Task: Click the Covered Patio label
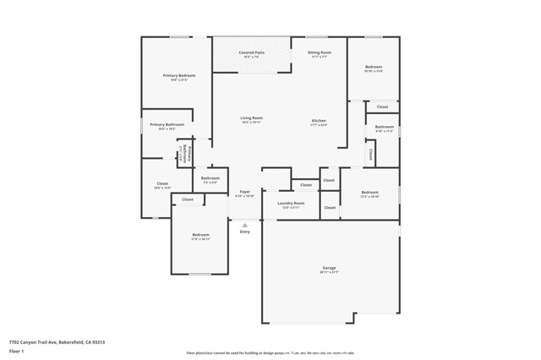[250, 52]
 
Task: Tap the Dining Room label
[319, 52]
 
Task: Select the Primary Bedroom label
[179, 76]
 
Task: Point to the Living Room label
[251, 118]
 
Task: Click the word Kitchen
[319, 121]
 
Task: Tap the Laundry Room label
[292, 203]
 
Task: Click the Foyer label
[244, 192]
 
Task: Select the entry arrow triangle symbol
[244, 225]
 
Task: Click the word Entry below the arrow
[244, 232]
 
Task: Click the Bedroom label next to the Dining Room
[374, 67]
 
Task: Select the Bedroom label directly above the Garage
[369, 193]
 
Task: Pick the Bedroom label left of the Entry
[200, 235]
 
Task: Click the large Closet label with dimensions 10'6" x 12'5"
[162, 183]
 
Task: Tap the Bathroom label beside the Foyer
[210, 178]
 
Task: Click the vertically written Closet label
[370, 155]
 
